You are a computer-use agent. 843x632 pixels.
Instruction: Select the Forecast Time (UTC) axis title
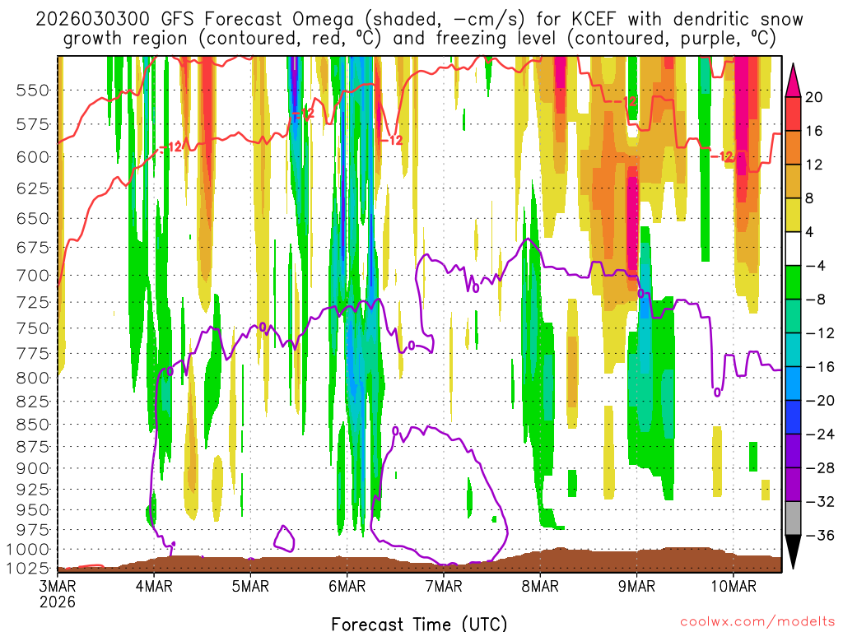coord(419,623)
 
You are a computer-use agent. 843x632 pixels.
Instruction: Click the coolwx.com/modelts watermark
coord(757,620)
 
